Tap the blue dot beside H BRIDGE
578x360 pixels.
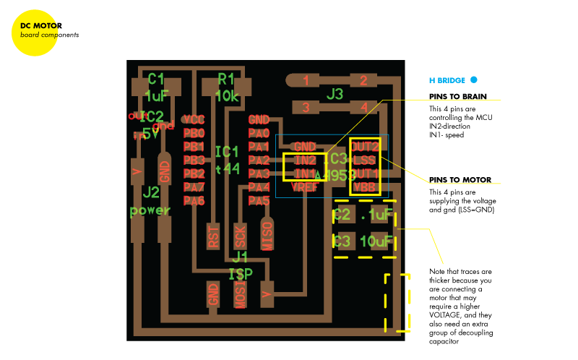[x=474, y=80]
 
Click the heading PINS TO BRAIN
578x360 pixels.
[x=457, y=96]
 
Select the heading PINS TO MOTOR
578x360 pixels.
[x=460, y=179]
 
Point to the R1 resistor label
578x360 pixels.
[x=226, y=79]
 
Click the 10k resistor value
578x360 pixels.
[x=227, y=95]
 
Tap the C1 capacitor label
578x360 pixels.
[x=156, y=79]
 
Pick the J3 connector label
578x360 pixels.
[x=335, y=94]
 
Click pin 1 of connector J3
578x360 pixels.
[x=306, y=81]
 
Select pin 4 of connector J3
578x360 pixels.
[x=363, y=108]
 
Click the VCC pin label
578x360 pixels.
[x=194, y=119]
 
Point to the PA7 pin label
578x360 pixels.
[x=194, y=187]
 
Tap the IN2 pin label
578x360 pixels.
[x=305, y=160]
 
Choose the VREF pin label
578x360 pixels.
[x=305, y=187]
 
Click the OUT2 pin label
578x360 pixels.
[x=365, y=147]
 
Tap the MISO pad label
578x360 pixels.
[x=267, y=235]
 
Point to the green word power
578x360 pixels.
[x=150, y=210]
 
